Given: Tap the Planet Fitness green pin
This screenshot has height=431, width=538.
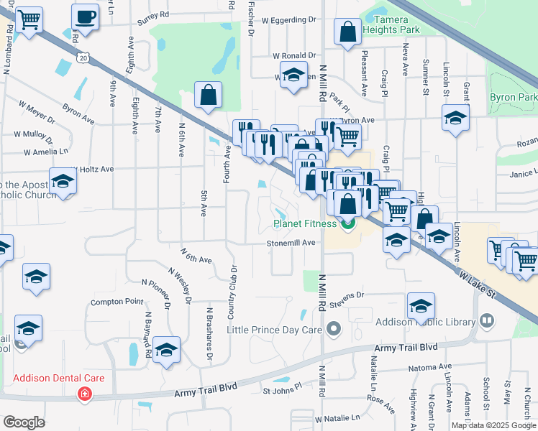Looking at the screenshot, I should coord(348,224).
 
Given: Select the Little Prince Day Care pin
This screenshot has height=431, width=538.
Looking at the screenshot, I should coord(333,330).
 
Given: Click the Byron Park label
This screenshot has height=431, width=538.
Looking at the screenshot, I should coord(514,97).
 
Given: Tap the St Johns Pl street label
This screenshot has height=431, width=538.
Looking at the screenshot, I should coord(283,391).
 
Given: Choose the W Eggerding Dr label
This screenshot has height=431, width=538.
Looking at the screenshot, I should coord(288,19).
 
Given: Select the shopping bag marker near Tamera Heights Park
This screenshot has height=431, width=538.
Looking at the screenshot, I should coord(348,32).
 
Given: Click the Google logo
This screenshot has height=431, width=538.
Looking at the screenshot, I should coord(24,422).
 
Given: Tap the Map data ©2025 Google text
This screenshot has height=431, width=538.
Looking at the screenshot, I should coord(492,425).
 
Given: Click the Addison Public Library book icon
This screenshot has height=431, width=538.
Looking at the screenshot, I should coord(487,320).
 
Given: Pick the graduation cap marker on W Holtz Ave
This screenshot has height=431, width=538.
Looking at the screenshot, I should coord(63,181).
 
